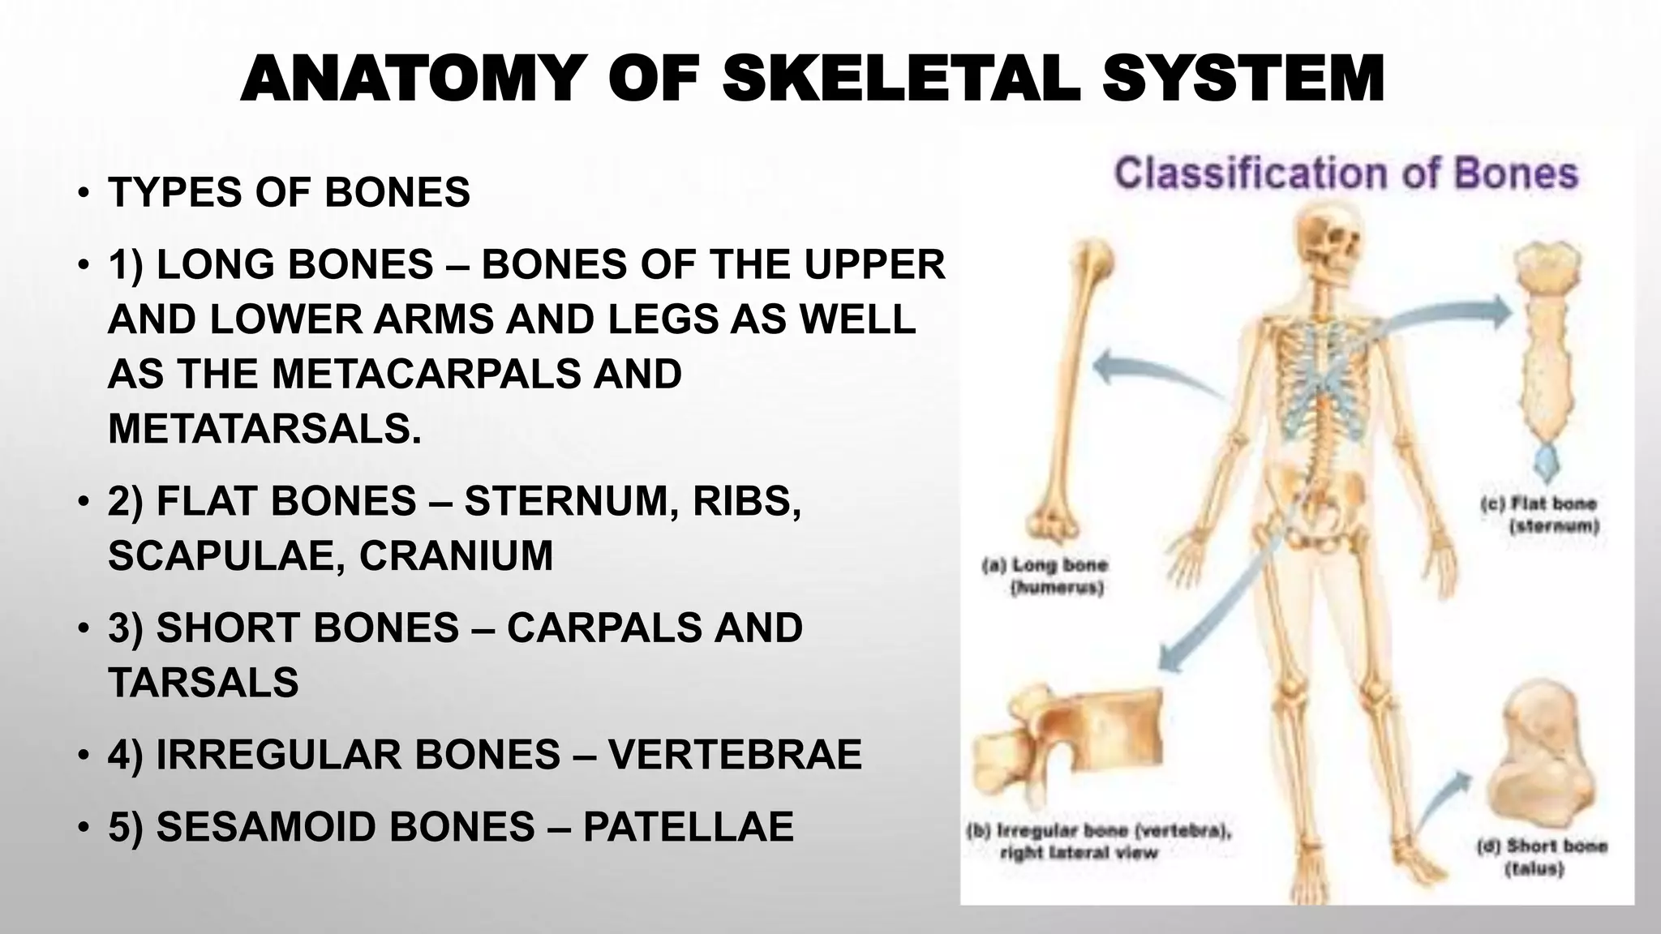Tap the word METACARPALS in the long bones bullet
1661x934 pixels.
click(425, 375)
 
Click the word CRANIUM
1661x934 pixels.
click(456, 556)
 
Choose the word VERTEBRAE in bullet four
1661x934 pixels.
click(735, 755)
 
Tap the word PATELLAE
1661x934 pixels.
click(688, 828)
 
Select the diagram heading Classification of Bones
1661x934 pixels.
click(1346, 174)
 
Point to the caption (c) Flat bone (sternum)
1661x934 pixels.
click(1539, 515)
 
